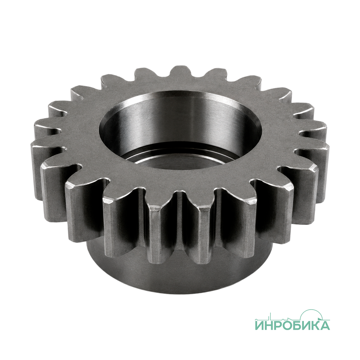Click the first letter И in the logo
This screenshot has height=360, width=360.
pos(259,325)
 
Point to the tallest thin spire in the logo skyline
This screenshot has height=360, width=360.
pos(270,316)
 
